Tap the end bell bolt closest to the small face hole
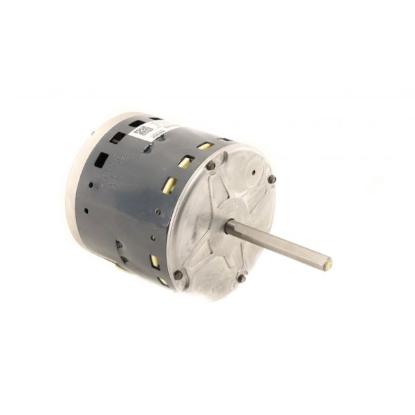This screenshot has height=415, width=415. point(272,180)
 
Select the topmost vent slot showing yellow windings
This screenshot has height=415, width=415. point(205,146)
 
